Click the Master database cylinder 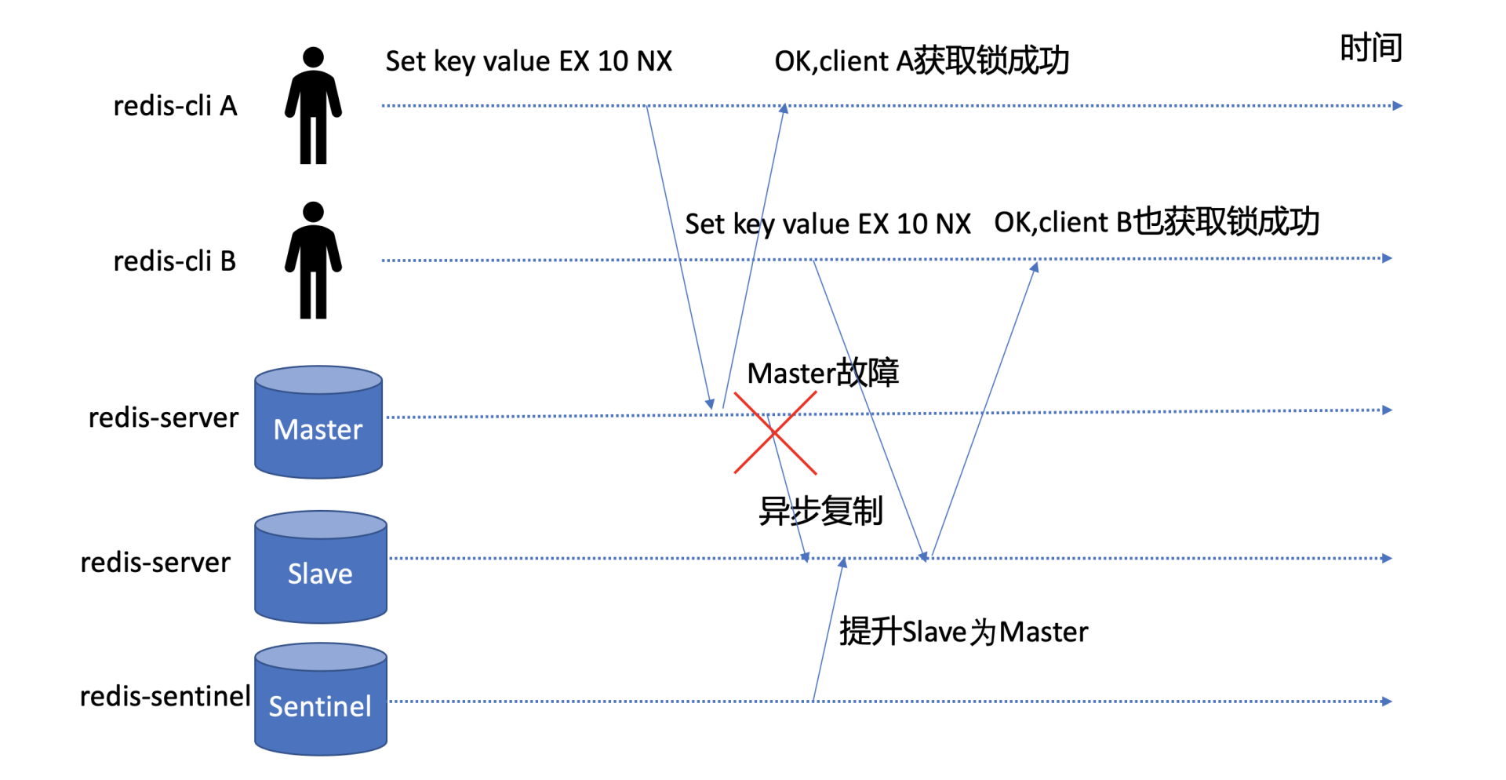click(318, 423)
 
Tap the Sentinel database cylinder click(320, 700)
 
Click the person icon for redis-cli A click(313, 105)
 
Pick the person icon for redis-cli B click(313, 261)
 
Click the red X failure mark click(775, 433)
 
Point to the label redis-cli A click(175, 106)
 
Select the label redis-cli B click(175, 261)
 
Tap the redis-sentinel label click(165, 696)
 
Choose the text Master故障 click(822, 374)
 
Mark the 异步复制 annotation click(820, 512)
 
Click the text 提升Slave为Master click(963, 632)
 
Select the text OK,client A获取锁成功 click(922, 61)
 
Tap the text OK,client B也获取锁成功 click(1156, 223)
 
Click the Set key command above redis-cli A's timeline click(529, 61)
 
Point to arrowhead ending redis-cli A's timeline click(1397, 106)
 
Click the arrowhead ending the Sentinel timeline click(1387, 702)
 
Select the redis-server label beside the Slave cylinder click(155, 563)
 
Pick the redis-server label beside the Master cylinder click(163, 418)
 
